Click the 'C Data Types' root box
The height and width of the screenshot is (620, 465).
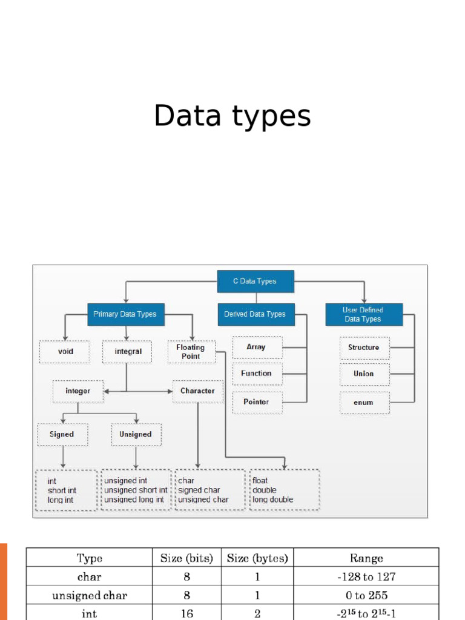[x=255, y=282]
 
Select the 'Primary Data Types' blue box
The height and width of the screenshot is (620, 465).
[x=125, y=314]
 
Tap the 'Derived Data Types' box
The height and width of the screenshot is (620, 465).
[x=255, y=314]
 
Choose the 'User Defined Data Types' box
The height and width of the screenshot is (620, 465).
[x=363, y=314]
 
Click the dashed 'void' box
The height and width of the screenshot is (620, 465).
[x=65, y=352]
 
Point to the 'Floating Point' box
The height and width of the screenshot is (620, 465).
[x=191, y=352]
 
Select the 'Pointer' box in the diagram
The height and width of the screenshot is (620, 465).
[x=257, y=402]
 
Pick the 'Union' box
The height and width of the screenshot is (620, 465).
[x=364, y=374]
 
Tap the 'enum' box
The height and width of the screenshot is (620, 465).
[x=364, y=403]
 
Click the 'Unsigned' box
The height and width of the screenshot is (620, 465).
[x=136, y=435]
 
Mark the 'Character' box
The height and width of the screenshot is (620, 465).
[x=197, y=391]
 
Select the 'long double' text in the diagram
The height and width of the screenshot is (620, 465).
[x=273, y=500]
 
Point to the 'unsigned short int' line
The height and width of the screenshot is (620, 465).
[x=136, y=490]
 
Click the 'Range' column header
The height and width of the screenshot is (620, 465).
[x=366, y=558]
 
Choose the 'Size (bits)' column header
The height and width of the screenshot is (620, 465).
[x=186, y=558]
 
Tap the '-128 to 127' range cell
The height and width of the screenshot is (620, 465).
[x=366, y=577]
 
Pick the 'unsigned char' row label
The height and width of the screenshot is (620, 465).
[x=90, y=596]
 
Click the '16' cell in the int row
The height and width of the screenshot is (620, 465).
[x=186, y=613]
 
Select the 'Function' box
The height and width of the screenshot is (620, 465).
[x=257, y=374]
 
